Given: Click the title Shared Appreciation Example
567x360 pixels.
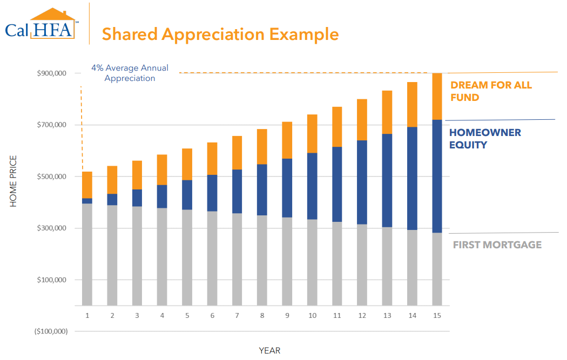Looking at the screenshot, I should (x=220, y=34).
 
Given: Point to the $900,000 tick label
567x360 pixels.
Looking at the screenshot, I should (x=51, y=73).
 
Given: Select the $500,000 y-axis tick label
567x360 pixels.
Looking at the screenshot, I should (x=51, y=176).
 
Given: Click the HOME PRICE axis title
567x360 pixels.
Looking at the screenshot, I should (x=14, y=181).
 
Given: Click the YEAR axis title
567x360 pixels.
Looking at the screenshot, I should (x=269, y=350).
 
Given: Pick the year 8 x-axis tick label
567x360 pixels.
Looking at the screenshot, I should (x=262, y=315).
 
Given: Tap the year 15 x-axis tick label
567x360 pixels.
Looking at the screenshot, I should (x=437, y=315).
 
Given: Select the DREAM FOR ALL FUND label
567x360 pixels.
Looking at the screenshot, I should (x=491, y=91).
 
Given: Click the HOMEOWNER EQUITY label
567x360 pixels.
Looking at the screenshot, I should (x=485, y=138).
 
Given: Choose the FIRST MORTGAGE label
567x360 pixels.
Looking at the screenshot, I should (x=497, y=244).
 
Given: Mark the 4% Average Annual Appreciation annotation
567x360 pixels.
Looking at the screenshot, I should (x=130, y=73).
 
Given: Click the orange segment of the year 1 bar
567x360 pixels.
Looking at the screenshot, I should (x=87, y=185).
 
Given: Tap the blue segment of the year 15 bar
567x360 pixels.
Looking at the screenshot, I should (x=437, y=176).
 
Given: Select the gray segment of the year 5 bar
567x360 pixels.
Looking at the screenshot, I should (x=187, y=257).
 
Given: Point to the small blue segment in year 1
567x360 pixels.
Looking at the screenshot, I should (x=87, y=201).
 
